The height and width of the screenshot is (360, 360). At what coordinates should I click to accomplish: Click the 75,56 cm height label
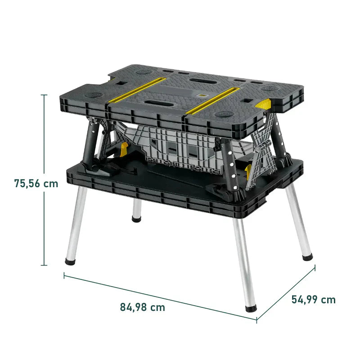(x=36, y=184)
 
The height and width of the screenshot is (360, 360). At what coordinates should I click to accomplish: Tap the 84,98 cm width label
(x=142, y=307)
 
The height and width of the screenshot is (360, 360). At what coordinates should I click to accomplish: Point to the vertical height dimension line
(x=44, y=180)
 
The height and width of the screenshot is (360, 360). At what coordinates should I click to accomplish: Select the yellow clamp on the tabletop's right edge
(x=263, y=105)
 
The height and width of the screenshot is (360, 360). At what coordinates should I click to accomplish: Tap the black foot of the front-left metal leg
(x=71, y=260)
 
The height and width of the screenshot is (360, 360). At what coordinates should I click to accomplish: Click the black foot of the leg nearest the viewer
(x=251, y=309)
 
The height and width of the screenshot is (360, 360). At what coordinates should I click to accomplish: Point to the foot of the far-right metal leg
(x=307, y=257)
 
